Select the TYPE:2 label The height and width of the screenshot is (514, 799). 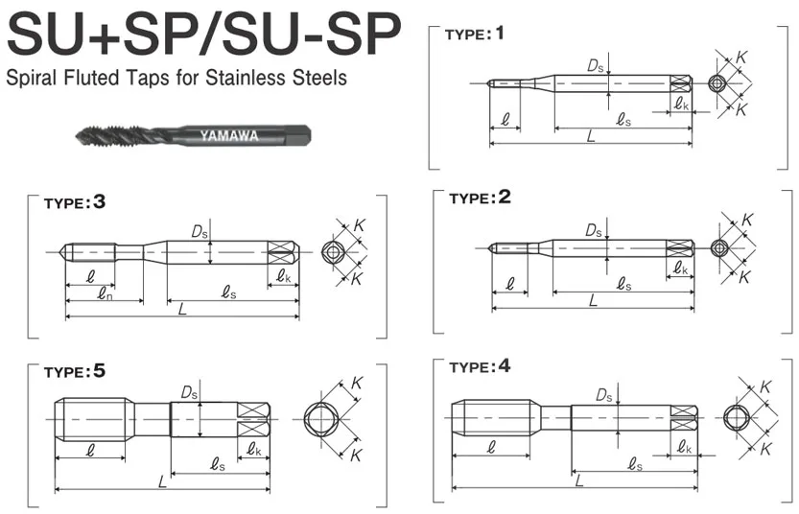(x=478, y=199)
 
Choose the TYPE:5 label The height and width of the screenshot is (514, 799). (x=79, y=370)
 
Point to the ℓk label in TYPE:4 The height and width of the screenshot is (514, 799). (x=683, y=448)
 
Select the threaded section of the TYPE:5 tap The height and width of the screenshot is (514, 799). (x=91, y=419)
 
